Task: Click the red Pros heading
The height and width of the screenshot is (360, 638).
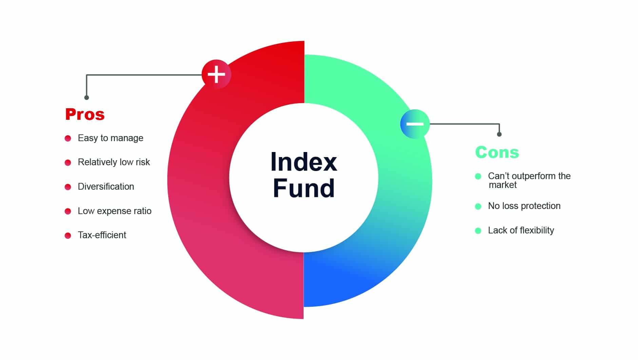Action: click(x=85, y=114)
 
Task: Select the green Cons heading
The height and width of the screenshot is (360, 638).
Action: click(x=497, y=152)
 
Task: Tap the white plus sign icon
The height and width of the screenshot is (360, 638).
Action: click(x=216, y=74)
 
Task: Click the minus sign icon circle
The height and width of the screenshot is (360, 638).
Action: click(x=415, y=124)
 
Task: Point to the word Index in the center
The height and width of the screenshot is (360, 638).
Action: click(x=304, y=162)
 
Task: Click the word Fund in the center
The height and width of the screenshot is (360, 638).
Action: click(x=304, y=188)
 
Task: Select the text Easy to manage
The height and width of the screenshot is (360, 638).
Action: click(x=110, y=138)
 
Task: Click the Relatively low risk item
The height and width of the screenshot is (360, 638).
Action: click(x=114, y=162)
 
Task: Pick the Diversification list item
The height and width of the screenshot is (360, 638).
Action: click(x=106, y=187)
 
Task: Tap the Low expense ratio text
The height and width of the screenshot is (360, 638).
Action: click(x=114, y=211)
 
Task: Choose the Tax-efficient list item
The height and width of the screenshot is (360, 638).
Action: click(x=102, y=235)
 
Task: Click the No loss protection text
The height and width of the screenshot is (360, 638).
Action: click(x=524, y=206)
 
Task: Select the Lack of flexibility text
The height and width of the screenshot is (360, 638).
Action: click(x=521, y=230)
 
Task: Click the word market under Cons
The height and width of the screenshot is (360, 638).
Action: click(x=503, y=185)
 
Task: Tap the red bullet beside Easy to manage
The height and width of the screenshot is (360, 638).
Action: click(x=68, y=138)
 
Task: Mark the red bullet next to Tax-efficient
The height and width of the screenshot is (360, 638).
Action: click(x=68, y=235)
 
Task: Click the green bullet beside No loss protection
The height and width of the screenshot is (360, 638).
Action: click(x=478, y=206)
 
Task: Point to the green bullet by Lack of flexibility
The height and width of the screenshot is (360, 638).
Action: click(x=478, y=231)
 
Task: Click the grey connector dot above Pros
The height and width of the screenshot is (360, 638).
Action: click(x=86, y=98)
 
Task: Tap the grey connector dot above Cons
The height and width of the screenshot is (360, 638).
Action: click(x=499, y=134)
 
